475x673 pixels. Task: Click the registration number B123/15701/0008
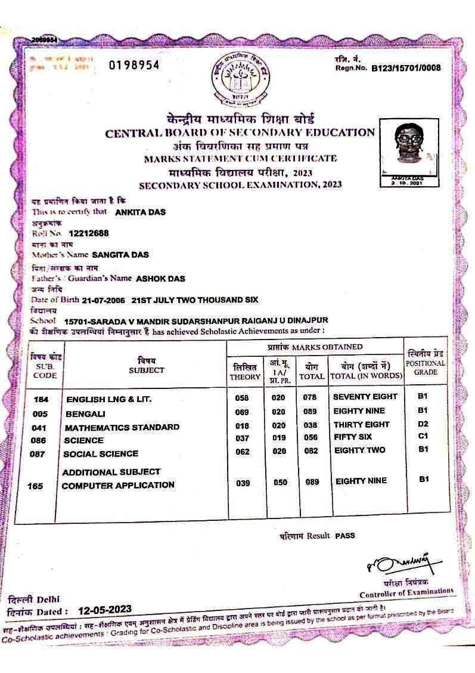(406, 68)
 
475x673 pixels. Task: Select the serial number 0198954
(134, 65)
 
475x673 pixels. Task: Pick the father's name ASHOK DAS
(160, 278)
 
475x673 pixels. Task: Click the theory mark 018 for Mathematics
(242, 425)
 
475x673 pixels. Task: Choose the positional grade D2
(423, 424)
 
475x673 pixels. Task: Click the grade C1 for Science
(423, 436)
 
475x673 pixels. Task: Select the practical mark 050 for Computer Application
(280, 483)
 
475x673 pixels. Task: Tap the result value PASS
(344, 536)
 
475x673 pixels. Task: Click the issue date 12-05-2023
(104, 610)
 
